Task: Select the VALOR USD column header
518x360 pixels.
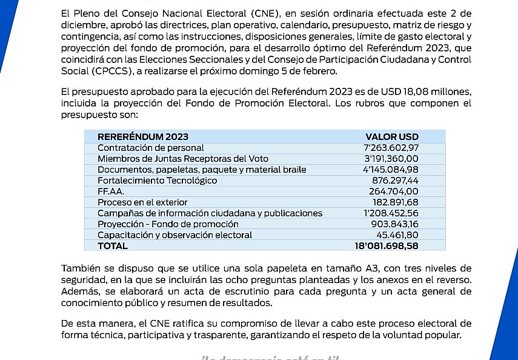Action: click(x=392, y=136)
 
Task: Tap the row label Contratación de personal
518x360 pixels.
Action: click(x=151, y=147)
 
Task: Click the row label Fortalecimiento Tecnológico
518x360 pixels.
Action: click(x=157, y=180)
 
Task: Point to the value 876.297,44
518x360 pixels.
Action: click(x=395, y=180)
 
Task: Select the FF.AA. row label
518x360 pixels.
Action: click(x=111, y=191)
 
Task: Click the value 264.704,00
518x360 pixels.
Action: click(x=395, y=191)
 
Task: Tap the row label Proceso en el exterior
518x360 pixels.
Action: click(x=142, y=202)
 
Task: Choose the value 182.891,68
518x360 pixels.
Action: click(x=395, y=202)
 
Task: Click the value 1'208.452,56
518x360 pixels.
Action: click(x=391, y=213)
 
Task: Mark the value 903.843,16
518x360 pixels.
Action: click(x=395, y=224)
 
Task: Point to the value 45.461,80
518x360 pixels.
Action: click(x=397, y=235)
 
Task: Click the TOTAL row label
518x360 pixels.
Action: click(x=113, y=245)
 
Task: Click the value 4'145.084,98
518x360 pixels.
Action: click(x=390, y=169)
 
